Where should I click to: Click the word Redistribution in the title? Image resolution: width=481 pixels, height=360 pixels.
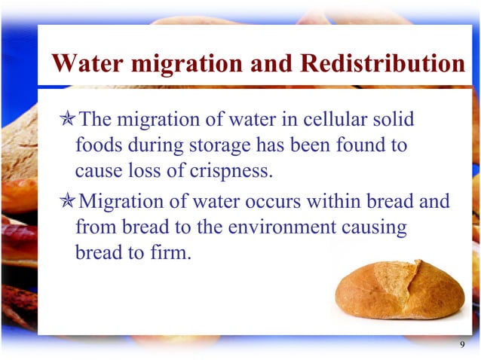[x=382, y=63]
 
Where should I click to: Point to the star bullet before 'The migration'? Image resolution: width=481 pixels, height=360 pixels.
[x=68, y=120]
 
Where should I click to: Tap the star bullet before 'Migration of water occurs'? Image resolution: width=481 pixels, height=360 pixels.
[x=68, y=203]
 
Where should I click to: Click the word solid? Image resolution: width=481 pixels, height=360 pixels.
[x=394, y=120]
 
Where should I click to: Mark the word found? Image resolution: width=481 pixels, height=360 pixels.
[x=360, y=145]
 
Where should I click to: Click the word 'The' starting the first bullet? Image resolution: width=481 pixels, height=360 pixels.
[x=96, y=120]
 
